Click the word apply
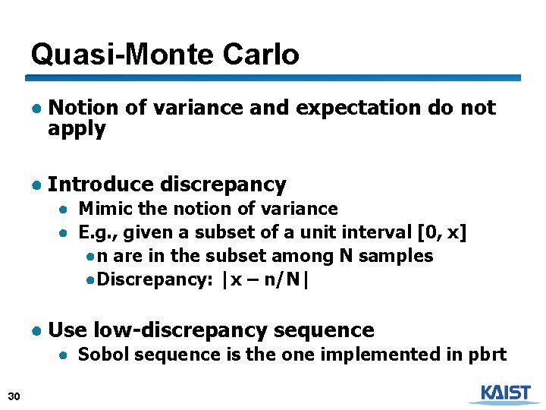[77, 128]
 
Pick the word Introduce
[101, 184]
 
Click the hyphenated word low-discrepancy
[180, 330]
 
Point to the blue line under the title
[273, 77]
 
